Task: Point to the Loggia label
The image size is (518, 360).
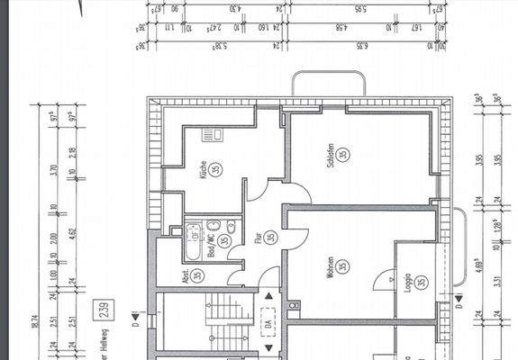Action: click(407, 285)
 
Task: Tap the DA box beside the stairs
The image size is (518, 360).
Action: click(268, 320)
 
